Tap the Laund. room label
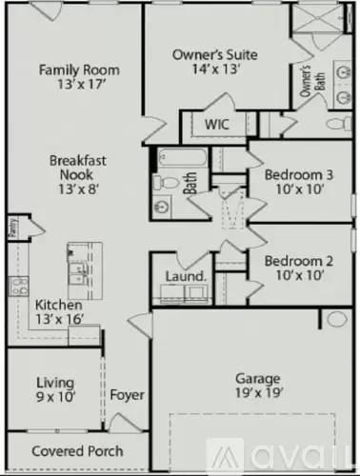186,276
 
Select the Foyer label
127,394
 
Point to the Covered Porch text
70,449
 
